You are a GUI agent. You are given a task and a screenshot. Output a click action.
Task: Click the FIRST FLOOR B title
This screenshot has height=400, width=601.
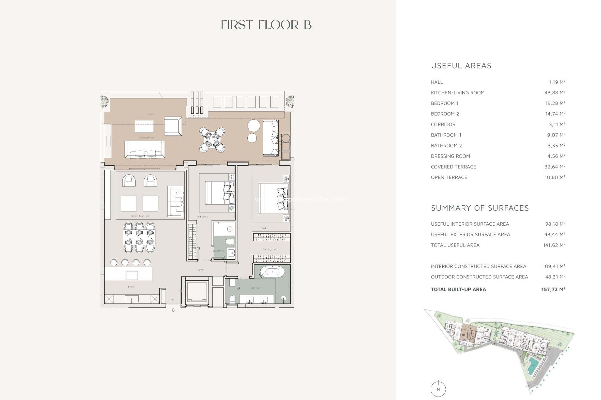coord(266,25)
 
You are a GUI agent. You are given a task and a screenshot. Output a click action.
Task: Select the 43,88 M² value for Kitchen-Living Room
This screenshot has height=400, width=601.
coord(555,92)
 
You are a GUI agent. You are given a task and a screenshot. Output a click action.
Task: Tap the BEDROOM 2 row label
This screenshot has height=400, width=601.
coord(445,114)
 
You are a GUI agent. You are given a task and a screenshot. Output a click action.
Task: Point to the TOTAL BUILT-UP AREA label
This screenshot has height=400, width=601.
coord(458,289)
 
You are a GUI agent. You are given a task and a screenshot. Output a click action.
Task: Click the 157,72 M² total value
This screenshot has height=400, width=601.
coord(553,289)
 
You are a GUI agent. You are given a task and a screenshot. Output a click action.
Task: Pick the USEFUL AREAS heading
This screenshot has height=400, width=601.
coord(461,66)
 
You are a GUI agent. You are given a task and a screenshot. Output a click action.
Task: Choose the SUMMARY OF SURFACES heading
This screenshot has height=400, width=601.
coord(480,208)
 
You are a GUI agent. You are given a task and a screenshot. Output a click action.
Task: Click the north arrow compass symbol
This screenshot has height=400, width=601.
coord(438,389)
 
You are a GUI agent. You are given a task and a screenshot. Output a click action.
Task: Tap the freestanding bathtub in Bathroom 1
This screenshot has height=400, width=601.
coord(272,272)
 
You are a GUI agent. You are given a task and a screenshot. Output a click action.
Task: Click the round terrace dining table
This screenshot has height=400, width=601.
coord(213,139)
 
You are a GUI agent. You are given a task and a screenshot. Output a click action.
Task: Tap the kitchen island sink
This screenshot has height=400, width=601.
coord(132,275)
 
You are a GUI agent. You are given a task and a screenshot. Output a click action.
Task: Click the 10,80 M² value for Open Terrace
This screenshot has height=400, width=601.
coord(555,177)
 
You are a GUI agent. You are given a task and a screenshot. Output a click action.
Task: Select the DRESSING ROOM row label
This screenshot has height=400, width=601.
coord(450,156)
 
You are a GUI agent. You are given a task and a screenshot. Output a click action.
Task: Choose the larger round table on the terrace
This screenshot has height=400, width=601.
coord(254,126)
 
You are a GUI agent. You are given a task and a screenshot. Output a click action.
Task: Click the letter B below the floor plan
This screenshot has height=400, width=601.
coord(173,310)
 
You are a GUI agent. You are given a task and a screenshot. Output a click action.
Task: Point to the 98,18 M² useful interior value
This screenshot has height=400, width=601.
coord(555,224)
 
